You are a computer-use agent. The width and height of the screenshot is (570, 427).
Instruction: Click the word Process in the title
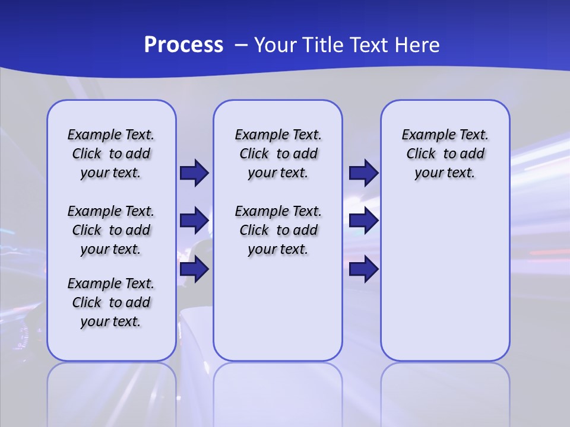click(x=183, y=45)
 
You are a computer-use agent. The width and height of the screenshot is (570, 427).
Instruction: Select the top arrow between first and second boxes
click(x=194, y=173)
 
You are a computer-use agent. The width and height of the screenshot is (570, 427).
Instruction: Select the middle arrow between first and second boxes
click(x=194, y=221)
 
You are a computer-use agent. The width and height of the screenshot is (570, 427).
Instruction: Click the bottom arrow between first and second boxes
click(x=194, y=269)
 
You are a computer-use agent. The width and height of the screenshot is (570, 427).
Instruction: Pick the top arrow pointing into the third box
click(x=363, y=173)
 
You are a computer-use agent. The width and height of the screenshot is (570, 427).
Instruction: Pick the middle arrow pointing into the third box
click(x=363, y=221)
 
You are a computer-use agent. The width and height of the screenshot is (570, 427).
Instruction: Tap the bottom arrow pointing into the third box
click(x=363, y=269)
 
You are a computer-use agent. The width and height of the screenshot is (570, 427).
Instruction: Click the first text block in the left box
click(x=111, y=154)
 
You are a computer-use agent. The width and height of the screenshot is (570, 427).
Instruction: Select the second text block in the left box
click(x=111, y=230)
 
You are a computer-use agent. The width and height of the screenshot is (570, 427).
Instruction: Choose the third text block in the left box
click(x=111, y=302)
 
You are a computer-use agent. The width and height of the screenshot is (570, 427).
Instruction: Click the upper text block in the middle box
click(x=278, y=154)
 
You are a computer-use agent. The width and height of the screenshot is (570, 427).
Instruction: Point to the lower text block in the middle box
click(x=278, y=230)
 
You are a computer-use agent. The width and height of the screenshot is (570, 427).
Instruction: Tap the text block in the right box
click(x=445, y=154)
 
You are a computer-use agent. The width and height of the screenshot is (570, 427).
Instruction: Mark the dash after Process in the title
click(x=240, y=45)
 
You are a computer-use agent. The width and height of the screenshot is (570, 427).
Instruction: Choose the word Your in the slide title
click(x=275, y=45)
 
